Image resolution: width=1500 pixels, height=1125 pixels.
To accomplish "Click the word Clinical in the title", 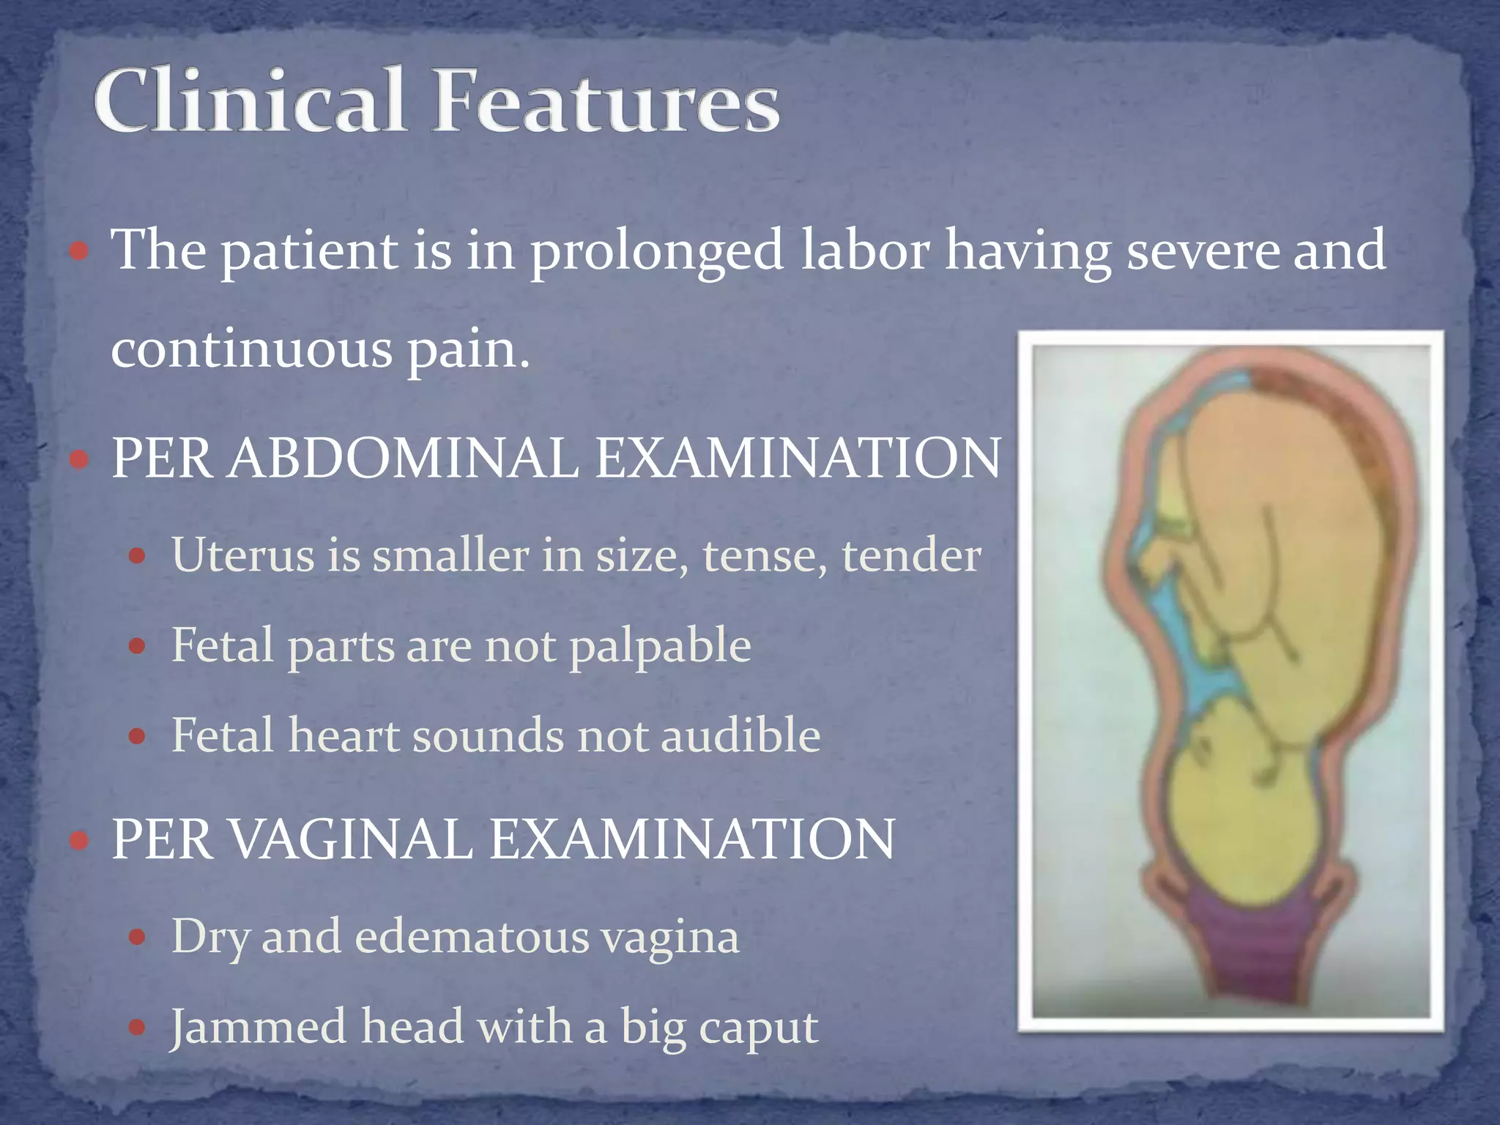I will [249, 100].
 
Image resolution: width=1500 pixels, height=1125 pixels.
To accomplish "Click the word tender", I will [911, 555].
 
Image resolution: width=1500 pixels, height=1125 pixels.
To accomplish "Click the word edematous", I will [472, 937].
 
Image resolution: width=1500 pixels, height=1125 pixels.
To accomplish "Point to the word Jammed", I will [258, 1027].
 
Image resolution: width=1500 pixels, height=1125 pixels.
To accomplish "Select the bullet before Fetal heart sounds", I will [137, 735].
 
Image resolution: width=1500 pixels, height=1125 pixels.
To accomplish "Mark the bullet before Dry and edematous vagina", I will [137, 937].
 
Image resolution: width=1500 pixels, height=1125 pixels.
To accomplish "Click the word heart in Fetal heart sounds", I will [344, 735].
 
